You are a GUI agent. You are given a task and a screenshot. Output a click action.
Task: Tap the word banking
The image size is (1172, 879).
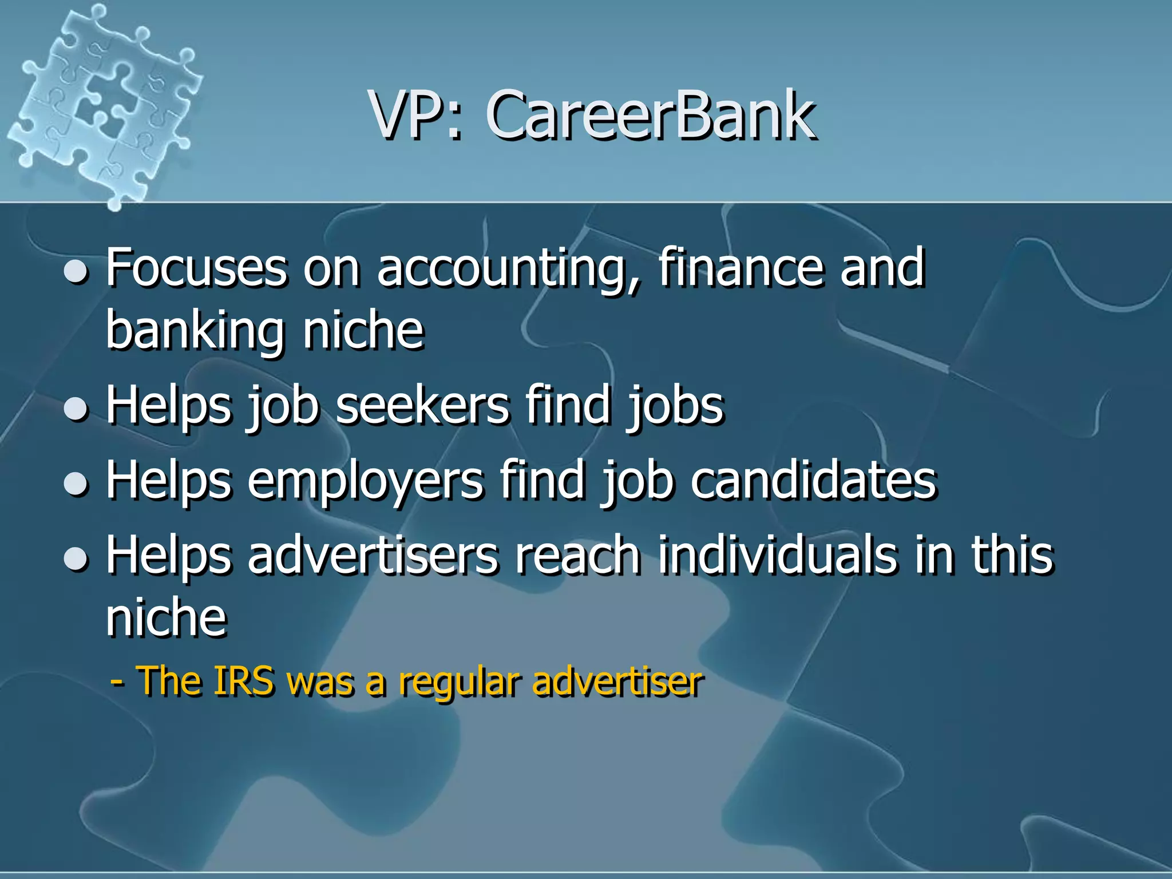(195, 332)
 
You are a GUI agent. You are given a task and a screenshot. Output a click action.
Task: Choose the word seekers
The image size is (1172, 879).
(422, 405)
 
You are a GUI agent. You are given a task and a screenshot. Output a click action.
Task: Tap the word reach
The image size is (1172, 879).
(577, 555)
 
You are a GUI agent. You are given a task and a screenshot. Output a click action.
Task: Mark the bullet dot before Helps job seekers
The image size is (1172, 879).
(76, 410)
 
